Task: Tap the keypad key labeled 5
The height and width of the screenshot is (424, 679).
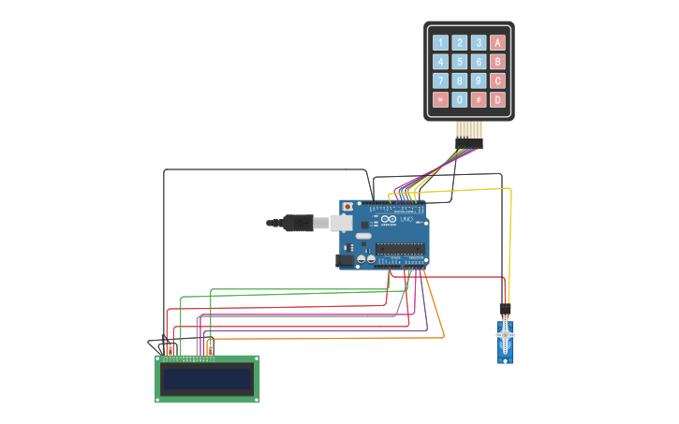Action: point(459,62)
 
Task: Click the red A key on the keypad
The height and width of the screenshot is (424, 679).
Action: point(497,42)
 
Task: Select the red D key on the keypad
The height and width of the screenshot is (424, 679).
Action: point(497,99)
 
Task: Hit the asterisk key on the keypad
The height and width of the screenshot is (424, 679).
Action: point(440,99)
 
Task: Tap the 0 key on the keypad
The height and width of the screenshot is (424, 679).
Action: point(459,99)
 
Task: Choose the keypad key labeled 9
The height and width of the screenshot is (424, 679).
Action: point(479,80)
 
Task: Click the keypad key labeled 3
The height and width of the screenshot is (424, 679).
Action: point(479,42)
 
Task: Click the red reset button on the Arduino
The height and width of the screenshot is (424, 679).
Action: point(347,206)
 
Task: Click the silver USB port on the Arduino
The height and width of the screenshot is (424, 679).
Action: point(341,223)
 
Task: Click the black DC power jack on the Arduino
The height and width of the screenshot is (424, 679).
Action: point(345,260)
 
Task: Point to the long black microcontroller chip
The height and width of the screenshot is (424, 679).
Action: point(400,249)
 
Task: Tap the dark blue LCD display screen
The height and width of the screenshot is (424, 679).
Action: point(207,379)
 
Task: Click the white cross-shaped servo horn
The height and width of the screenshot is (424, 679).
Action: point(506,334)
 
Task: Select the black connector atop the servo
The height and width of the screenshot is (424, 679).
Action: point(505,308)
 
